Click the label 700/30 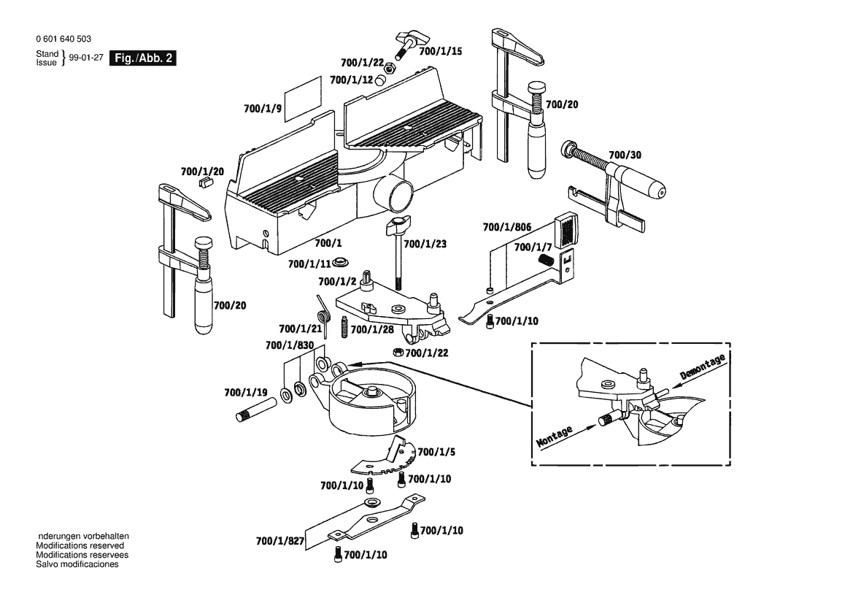point(625,155)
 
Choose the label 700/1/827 point(280,542)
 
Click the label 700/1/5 point(436,452)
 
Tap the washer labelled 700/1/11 point(341,263)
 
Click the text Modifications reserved point(80,545)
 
